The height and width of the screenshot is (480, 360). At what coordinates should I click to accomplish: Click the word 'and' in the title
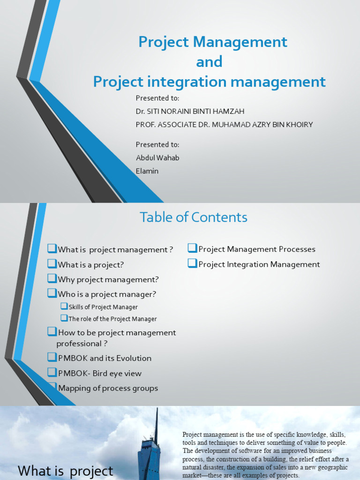[209, 62]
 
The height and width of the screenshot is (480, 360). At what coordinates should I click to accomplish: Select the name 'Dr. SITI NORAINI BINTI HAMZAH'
[190, 111]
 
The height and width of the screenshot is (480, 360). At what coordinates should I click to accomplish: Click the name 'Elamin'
[147, 171]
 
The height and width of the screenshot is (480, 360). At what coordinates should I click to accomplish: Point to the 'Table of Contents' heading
[193, 217]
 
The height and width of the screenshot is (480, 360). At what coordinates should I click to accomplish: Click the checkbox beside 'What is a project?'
[52, 264]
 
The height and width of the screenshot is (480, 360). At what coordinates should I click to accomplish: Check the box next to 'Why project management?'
[52, 279]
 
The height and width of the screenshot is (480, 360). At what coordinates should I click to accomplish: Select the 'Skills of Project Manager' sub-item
[103, 307]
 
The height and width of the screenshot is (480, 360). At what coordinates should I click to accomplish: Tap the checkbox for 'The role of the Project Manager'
[64, 318]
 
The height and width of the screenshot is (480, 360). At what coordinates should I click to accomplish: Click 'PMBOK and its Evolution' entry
[104, 358]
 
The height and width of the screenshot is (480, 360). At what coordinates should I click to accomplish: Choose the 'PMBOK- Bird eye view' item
[99, 373]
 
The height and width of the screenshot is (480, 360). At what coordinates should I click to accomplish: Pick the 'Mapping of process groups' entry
[108, 388]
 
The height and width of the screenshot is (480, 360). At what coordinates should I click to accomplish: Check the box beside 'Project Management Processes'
[192, 248]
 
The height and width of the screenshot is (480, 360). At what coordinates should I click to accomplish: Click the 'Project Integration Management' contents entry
[259, 264]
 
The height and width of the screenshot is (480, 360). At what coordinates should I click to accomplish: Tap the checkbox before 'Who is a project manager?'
[52, 294]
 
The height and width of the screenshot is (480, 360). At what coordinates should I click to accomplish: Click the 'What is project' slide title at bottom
[65, 471]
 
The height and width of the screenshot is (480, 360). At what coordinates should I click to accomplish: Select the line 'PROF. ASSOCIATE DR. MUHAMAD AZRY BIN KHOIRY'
[224, 125]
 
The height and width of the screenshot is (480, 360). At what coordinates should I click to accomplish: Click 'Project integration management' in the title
[209, 82]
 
